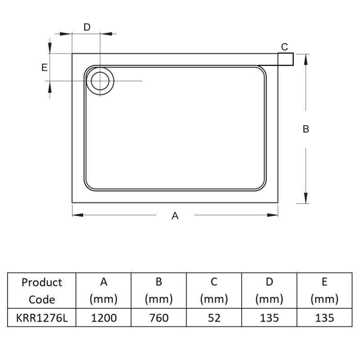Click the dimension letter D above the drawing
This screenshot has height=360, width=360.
pos(87,27)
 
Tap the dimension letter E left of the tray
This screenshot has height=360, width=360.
pos(44,67)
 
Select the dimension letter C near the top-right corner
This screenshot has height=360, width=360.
pos(284,47)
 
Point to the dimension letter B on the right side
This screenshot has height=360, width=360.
pos(306,129)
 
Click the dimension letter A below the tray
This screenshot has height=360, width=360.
pos(175,216)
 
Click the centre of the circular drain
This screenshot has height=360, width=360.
pos(100,81)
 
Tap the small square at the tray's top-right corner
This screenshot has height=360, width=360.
pos(286,59)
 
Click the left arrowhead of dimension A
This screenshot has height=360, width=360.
pos(77,215)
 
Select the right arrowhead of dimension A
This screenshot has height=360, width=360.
pos(273,215)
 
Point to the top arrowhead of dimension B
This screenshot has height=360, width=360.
pos(306,60)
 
